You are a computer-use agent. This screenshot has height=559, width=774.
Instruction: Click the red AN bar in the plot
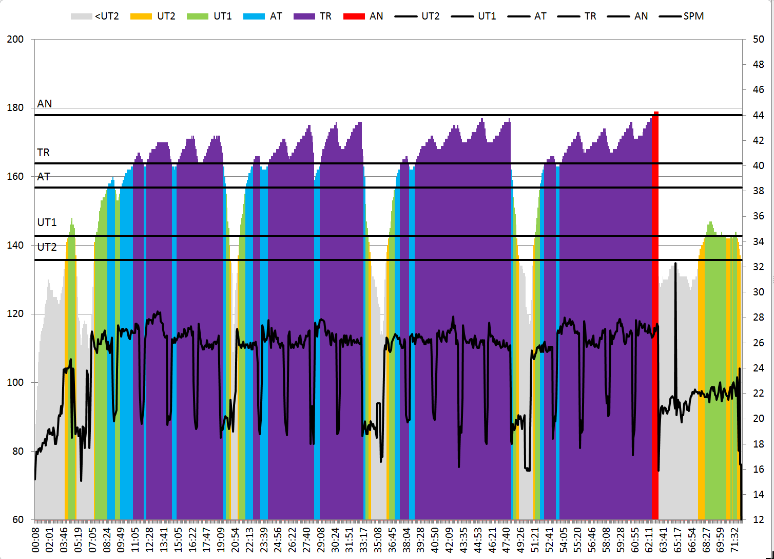[655, 308]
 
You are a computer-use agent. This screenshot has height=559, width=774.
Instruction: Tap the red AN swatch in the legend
[354, 16]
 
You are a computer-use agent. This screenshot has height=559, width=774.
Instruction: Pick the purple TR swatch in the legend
[304, 16]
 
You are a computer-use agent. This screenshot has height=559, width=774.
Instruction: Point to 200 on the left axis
[15, 40]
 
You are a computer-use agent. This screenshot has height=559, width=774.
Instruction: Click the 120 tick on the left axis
[15, 314]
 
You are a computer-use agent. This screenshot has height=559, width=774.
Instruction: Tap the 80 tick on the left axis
[18, 451]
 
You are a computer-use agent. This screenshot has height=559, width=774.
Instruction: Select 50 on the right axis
[758, 40]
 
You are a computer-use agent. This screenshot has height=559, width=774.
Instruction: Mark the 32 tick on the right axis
[758, 267]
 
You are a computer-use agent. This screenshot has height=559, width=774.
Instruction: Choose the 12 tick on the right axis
[758, 519]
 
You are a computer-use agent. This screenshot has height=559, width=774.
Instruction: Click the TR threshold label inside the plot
[44, 153]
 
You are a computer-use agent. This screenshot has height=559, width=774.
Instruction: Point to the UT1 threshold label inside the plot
[47, 222]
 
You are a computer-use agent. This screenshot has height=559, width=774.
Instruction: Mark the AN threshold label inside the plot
[45, 104]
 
